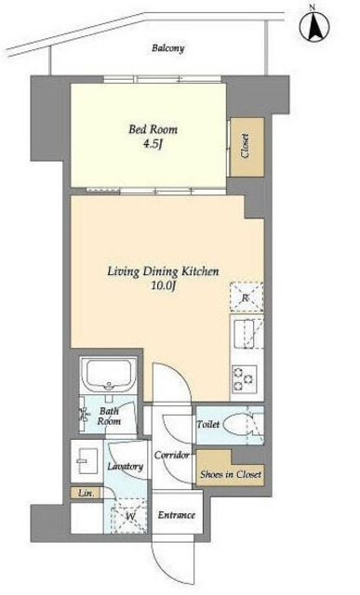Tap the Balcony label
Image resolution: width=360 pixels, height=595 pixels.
tap(168, 48)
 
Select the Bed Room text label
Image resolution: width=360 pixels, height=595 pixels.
tap(153, 129)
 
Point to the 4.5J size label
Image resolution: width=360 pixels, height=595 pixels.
tap(153, 145)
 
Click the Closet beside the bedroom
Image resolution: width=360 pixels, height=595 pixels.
tap(247, 147)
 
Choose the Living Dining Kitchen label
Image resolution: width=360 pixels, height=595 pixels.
tap(163, 271)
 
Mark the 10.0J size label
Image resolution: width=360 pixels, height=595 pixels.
tap(163, 286)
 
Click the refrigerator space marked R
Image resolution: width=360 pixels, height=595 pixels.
tap(247, 297)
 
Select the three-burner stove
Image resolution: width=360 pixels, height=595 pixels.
tap(244, 378)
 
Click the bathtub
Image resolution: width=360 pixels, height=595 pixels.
tap(109, 374)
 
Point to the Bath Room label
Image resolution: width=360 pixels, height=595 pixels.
tap(109, 416)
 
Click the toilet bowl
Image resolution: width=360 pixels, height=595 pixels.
tap(238, 425)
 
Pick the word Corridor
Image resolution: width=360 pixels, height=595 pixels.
tap(172, 455)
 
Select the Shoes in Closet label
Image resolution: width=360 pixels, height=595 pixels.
tap(231, 474)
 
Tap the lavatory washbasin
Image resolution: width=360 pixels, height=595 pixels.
tap(87, 461)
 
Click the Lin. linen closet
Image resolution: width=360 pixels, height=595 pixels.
tap(87, 494)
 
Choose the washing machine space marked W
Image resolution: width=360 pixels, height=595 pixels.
tap(130, 517)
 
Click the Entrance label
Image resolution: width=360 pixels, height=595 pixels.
tap(177, 515)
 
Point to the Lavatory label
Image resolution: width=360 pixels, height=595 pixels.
tap(125, 467)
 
